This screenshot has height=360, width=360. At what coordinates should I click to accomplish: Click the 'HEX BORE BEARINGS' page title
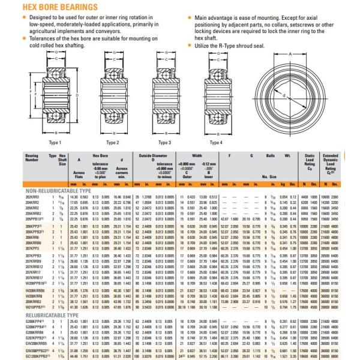click(x=51, y=7)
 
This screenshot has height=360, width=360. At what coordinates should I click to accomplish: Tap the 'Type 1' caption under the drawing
click(x=55, y=142)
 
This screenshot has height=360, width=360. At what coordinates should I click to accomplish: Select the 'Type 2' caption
click(x=112, y=142)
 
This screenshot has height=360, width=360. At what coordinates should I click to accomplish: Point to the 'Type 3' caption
click(x=164, y=142)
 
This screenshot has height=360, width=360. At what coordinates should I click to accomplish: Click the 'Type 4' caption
click(x=215, y=142)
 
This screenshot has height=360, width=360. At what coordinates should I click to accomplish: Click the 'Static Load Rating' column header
click(x=310, y=160)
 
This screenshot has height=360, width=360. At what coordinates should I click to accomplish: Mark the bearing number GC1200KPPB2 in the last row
click(x=37, y=356)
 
